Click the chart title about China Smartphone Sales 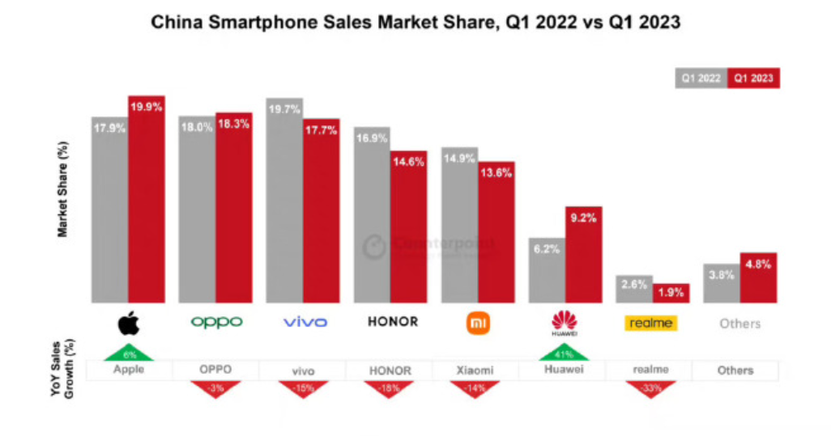[x=415, y=23]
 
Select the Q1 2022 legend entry [x=701, y=78]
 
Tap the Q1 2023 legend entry [x=753, y=78]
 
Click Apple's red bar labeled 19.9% [x=146, y=202]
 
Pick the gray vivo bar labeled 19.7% [x=283, y=202]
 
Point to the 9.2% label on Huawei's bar [x=583, y=217]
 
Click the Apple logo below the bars [x=129, y=323]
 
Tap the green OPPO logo [x=216, y=322]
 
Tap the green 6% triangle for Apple [x=129, y=352]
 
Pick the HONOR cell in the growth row [x=390, y=370]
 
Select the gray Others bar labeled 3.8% [x=720, y=285]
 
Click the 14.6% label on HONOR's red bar [x=408, y=162]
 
